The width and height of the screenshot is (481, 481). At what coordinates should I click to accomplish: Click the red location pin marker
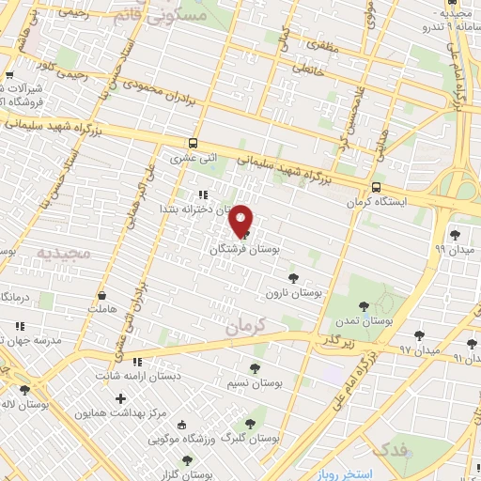coord(241,221)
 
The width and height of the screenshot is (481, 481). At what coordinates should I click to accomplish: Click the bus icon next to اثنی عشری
coord(193,144)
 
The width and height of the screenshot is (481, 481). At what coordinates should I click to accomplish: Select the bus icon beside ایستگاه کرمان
coord(377,186)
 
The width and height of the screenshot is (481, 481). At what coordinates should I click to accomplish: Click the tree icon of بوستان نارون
coord(293,278)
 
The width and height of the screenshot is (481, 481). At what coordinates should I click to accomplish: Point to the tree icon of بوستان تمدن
coord(364,305)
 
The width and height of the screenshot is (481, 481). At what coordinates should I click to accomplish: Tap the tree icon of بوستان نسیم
coord(256,367)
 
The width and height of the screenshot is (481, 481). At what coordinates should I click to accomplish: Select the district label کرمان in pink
coord(246,325)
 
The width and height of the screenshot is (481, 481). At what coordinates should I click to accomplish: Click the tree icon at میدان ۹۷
coord(419,334)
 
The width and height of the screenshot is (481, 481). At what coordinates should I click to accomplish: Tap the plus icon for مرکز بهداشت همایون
coord(120,398)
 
